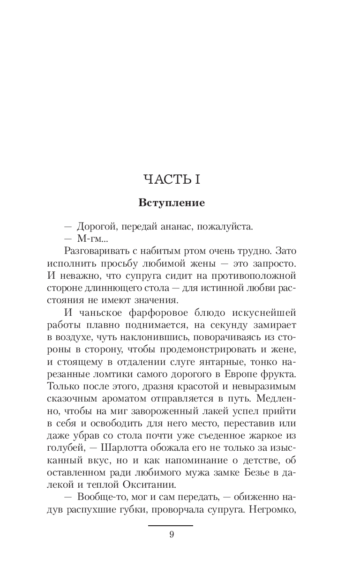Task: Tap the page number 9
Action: (172, 535)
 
